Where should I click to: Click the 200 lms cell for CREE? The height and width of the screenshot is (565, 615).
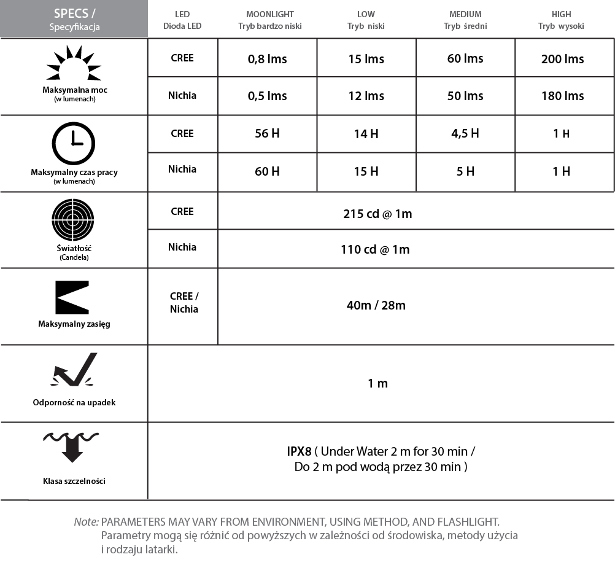click(x=562, y=59)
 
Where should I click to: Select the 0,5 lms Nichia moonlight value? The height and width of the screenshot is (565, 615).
click(x=267, y=96)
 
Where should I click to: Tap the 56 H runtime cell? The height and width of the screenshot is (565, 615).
click(x=267, y=134)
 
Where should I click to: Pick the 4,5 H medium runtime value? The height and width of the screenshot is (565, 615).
click(x=465, y=134)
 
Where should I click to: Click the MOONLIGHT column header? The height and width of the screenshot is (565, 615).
click(x=270, y=14)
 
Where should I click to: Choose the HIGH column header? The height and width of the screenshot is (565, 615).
click(x=561, y=14)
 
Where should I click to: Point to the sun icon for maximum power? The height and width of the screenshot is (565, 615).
click(x=74, y=64)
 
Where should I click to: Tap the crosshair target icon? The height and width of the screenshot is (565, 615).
click(x=74, y=219)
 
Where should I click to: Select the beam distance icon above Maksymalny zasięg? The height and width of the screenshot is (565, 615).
click(x=72, y=298)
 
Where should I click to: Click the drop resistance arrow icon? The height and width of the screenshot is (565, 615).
click(x=74, y=371)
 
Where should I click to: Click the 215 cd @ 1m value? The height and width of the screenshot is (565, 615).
click(x=377, y=214)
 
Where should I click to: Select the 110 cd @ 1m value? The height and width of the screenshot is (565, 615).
click(x=375, y=249)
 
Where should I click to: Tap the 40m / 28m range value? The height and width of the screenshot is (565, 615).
click(x=376, y=305)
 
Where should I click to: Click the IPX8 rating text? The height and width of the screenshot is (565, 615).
click(x=300, y=451)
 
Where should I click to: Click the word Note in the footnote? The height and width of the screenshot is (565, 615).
click(x=86, y=521)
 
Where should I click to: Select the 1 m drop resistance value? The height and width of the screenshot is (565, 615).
click(x=377, y=383)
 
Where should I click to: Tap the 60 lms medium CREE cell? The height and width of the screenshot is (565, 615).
click(x=465, y=58)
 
